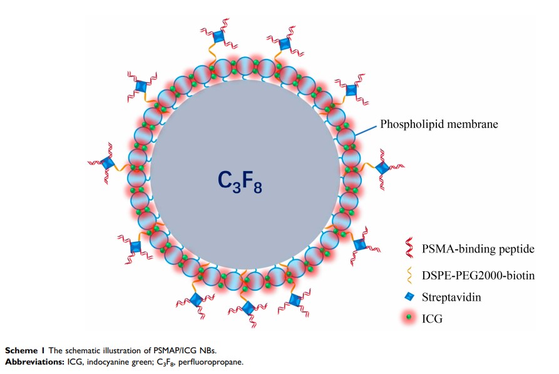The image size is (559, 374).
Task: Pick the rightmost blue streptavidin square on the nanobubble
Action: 381,167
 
